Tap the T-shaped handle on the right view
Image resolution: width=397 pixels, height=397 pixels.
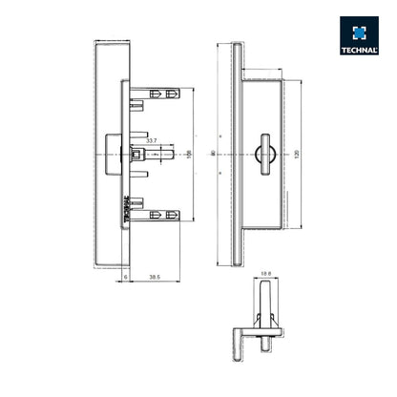pos(263,152)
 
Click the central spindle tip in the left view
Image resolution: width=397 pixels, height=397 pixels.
pos(170,152)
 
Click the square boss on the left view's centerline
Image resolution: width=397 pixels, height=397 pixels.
pos(137,153)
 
